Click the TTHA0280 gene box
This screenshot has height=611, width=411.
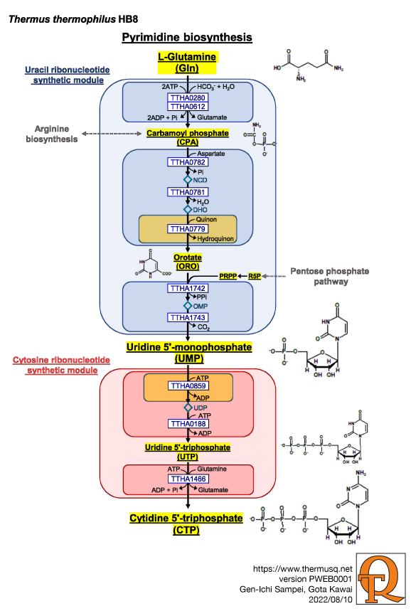(x=188, y=98)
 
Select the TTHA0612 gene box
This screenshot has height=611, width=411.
(x=188, y=107)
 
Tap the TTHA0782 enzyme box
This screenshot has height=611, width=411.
(x=188, y=162)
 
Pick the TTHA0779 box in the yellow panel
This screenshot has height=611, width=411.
(x=188, y=229)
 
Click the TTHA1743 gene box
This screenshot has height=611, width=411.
(x=188, y=317)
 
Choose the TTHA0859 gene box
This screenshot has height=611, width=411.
(x=188, y=386)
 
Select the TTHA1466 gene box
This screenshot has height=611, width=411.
(x=188, y=479)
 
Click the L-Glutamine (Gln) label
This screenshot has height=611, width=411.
(x=187, y=63)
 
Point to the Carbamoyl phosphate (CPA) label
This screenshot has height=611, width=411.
(x=188, y=137)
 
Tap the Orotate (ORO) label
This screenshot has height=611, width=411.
(x=188, y=262)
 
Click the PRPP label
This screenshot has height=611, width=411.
(x=228, y=276)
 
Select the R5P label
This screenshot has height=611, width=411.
(x=255, y=276)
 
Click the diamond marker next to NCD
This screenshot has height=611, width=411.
(x=188, y=180)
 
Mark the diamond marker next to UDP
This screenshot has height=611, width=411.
(x=188, y=408)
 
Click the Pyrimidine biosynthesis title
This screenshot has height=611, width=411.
(x=187, y=38)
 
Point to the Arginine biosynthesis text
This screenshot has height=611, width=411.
(x=52, y=134)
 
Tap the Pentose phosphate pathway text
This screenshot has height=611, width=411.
(x=330, y=276)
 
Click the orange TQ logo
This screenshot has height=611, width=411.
(x=381, y=578)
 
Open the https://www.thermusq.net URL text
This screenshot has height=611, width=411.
(x=303, y=569)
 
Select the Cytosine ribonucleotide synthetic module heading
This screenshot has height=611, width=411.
(x=62, y=365)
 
